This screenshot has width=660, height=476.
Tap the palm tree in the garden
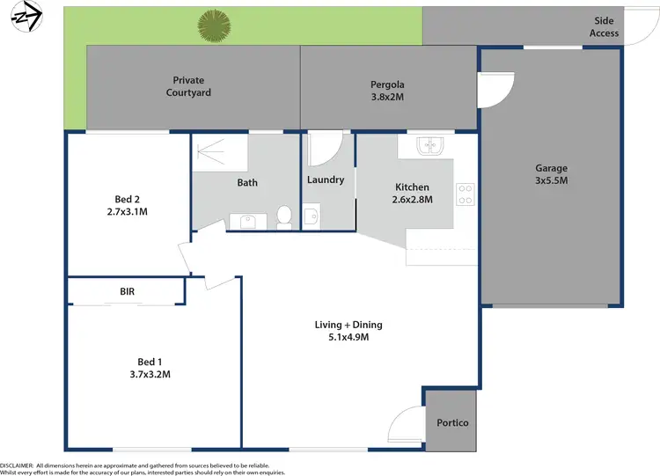tap(213, 26)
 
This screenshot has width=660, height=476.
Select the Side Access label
tap(605, 27)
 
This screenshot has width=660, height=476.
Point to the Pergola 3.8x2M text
tap(387, 92)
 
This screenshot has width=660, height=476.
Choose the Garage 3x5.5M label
tap(552, 174)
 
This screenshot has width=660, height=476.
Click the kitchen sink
tap(428, 146)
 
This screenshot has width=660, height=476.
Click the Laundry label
tap(325, 180)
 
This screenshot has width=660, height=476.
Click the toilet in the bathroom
tap(284, 216)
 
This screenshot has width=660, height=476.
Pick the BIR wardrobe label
tap(128, 291)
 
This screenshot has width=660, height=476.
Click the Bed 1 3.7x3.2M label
tap(150, 368)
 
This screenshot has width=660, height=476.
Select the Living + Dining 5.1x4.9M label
tap(348, 331)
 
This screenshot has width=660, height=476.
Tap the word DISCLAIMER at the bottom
tap(17, 465)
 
